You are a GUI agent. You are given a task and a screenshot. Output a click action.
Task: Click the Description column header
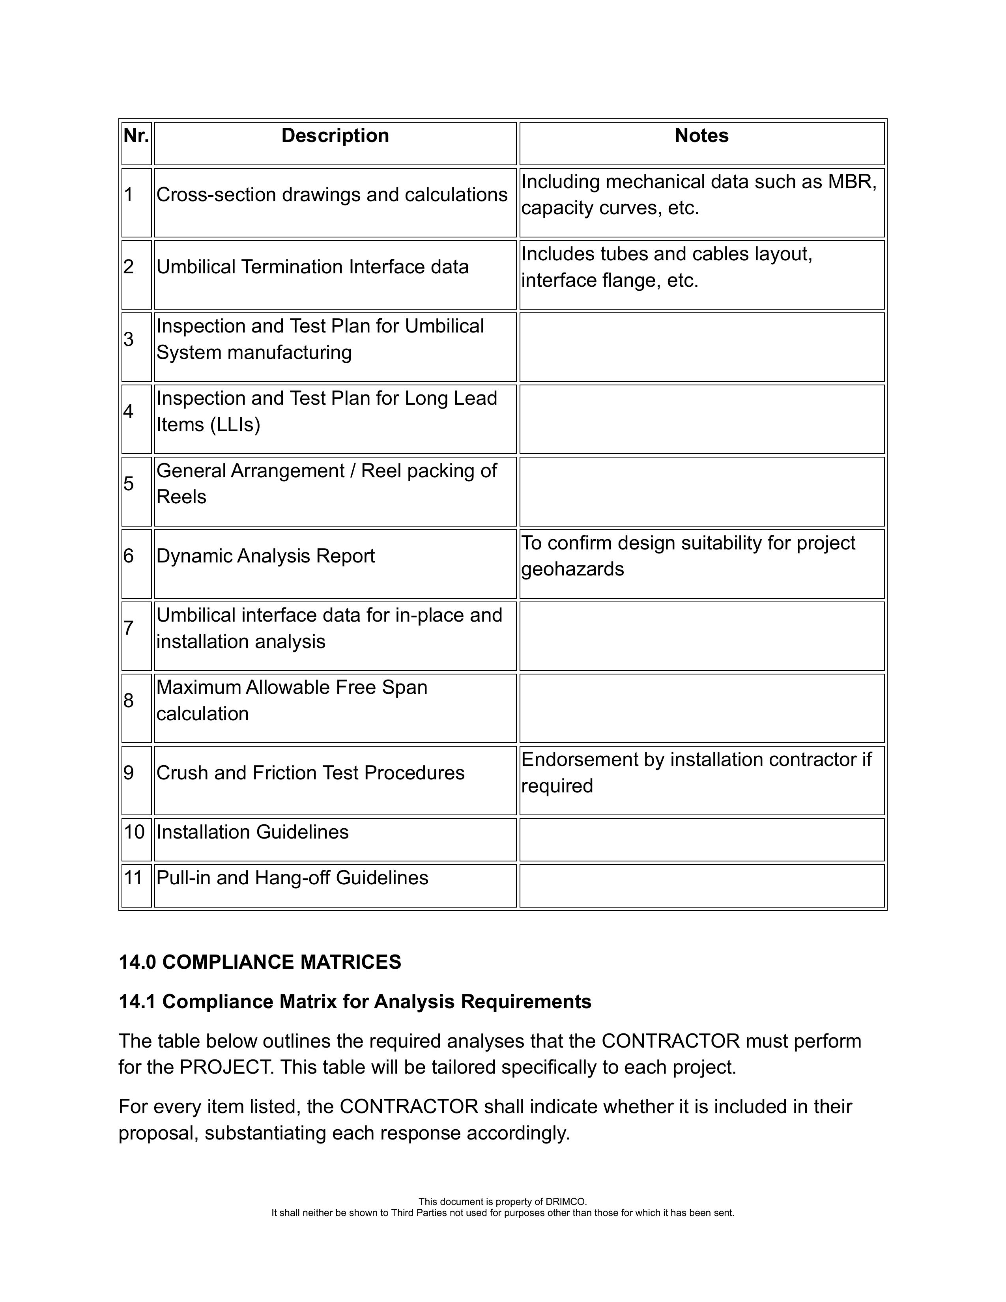(335, 136)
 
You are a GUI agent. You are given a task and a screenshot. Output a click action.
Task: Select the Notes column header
(701, 136)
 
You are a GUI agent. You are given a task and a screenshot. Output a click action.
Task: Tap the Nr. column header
(136, 136)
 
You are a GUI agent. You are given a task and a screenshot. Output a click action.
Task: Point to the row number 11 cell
(134, 878)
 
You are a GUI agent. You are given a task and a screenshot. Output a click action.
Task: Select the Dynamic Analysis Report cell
(266, 556)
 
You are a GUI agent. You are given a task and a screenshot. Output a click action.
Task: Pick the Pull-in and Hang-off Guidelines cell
(292, 878)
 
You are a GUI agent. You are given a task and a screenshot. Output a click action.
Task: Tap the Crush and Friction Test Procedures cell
(310, 773)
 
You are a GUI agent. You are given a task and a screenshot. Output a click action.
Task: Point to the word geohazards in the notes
(572, 569)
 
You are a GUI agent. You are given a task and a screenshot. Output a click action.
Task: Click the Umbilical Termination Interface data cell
(312, 267)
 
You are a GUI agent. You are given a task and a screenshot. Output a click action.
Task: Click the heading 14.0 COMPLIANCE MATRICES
(260, 962)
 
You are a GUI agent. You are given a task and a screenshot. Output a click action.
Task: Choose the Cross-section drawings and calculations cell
(331, 195)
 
